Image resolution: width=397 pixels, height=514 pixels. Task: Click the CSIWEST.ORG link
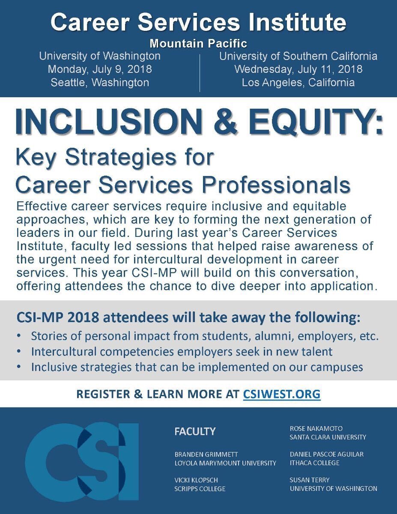(281, 394)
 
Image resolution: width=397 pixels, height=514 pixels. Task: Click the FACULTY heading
(195, 431)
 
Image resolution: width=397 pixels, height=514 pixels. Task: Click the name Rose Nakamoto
(316, 428)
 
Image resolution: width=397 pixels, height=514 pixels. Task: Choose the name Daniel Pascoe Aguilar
(326, 454)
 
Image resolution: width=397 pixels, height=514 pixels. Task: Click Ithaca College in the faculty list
(314, 463)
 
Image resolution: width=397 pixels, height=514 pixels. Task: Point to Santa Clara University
(328, 437)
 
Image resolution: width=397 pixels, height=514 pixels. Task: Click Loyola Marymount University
(225, 463)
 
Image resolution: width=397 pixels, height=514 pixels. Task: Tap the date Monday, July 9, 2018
(100, 69)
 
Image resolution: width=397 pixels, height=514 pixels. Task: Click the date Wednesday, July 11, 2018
(298, 69)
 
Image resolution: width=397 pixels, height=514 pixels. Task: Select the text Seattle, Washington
(100, 82)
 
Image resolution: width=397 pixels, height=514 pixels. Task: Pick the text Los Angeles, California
(298, 82)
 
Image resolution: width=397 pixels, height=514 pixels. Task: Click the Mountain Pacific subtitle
(198, 43)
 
